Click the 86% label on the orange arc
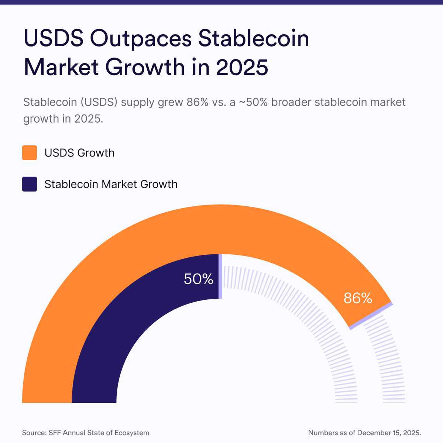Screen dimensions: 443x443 click(358, 298)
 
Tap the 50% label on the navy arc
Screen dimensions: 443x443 click(199, 279)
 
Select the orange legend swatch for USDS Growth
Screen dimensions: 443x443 click(30, 153)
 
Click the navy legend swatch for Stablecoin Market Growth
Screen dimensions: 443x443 click(30, 184)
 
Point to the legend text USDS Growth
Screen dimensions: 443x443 click(79, 153)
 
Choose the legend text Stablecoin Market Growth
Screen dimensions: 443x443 click(111, 184)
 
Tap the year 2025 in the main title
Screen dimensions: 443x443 click(242, 67)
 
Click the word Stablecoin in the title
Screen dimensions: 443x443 click(254, 39)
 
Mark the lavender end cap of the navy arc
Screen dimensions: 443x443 click(220, 276)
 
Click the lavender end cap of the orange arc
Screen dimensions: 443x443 click(371, 316)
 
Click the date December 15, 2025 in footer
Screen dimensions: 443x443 click(389, 433)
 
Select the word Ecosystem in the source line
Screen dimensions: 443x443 click(133, 433)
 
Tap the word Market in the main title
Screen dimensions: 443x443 click(61, 67)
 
